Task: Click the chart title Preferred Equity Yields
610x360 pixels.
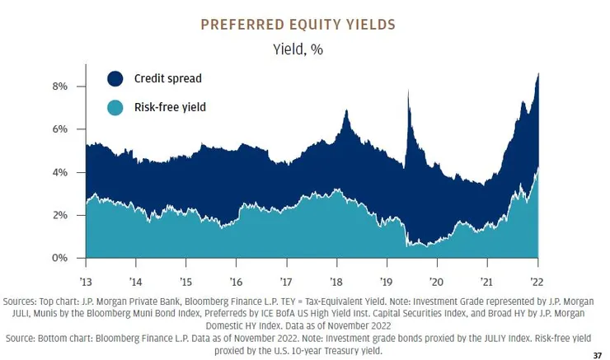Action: click(304, 24)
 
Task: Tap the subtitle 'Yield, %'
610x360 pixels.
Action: click(305, 49)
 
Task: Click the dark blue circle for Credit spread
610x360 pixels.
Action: click(115, 79)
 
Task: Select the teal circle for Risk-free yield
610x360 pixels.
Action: click(115, 108)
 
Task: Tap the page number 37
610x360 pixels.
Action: click(597, 354)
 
